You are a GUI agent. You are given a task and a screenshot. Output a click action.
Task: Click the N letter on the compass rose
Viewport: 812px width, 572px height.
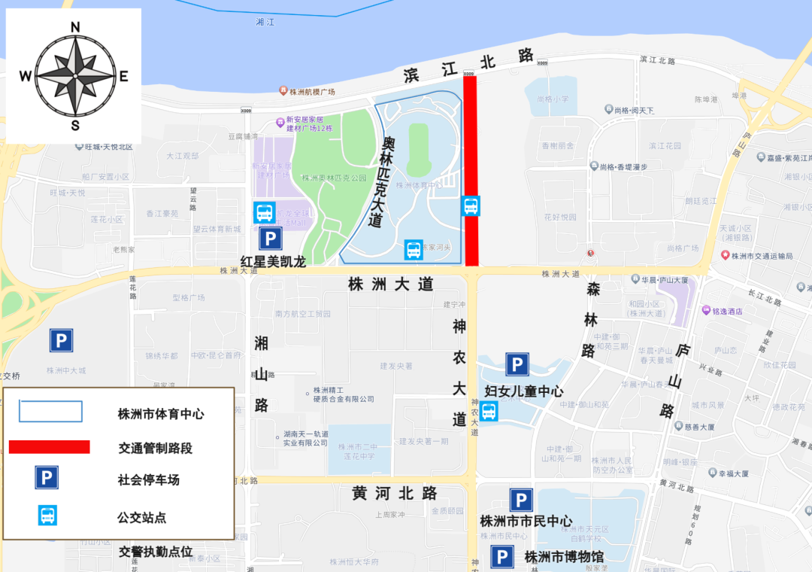pyautogui.click(x=75, y=28)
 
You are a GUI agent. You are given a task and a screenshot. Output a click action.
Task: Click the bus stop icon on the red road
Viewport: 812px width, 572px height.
pyautogui.click(x=471, y=205)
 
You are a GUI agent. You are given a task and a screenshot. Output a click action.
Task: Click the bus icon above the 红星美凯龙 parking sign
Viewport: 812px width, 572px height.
pyautogui.click(x=264, y=212)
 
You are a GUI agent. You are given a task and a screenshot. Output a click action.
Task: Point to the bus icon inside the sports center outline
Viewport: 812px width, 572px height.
pyautogui.click(x=414, y=250)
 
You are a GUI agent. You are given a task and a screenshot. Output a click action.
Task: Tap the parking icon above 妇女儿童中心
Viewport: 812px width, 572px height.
pyautogui.click(x=517, y=365)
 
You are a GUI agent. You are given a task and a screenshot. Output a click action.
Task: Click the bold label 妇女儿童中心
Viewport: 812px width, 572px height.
pyautogui.click(x=524, y=391)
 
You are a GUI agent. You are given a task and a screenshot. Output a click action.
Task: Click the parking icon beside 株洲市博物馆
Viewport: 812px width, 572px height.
pyautogui.click(x=502, y=557)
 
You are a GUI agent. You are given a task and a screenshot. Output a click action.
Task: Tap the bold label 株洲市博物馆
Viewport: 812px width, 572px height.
pyautogui.click(x=564, y=557)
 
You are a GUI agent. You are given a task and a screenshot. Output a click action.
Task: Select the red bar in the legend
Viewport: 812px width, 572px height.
pyautogui.click(x=50, y=447)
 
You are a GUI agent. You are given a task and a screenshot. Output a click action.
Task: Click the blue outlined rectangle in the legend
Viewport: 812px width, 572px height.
pyautogui.click(x=50, y=412)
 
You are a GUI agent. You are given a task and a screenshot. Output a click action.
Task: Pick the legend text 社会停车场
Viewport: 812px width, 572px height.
pyautogui.click(x=149, y=479)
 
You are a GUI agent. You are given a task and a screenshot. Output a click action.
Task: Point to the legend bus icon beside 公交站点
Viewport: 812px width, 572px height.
pyautogui.click(x=47, y=516)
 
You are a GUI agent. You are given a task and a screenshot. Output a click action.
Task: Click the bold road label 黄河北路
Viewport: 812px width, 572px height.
pyautogui.click(x=395, y=494)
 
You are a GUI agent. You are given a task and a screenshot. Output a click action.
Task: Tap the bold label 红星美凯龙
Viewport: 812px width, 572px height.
pyautogui.click(x=273, y=262)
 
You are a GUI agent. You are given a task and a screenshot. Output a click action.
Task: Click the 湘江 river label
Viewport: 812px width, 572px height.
pyautogui.click(x=265, y=23)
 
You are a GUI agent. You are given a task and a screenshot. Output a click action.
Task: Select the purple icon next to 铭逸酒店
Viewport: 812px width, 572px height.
pyautogui.click(x=706, y=310)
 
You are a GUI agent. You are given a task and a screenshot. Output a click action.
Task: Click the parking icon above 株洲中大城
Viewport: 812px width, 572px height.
pyautogui.click(x=62, y=341)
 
